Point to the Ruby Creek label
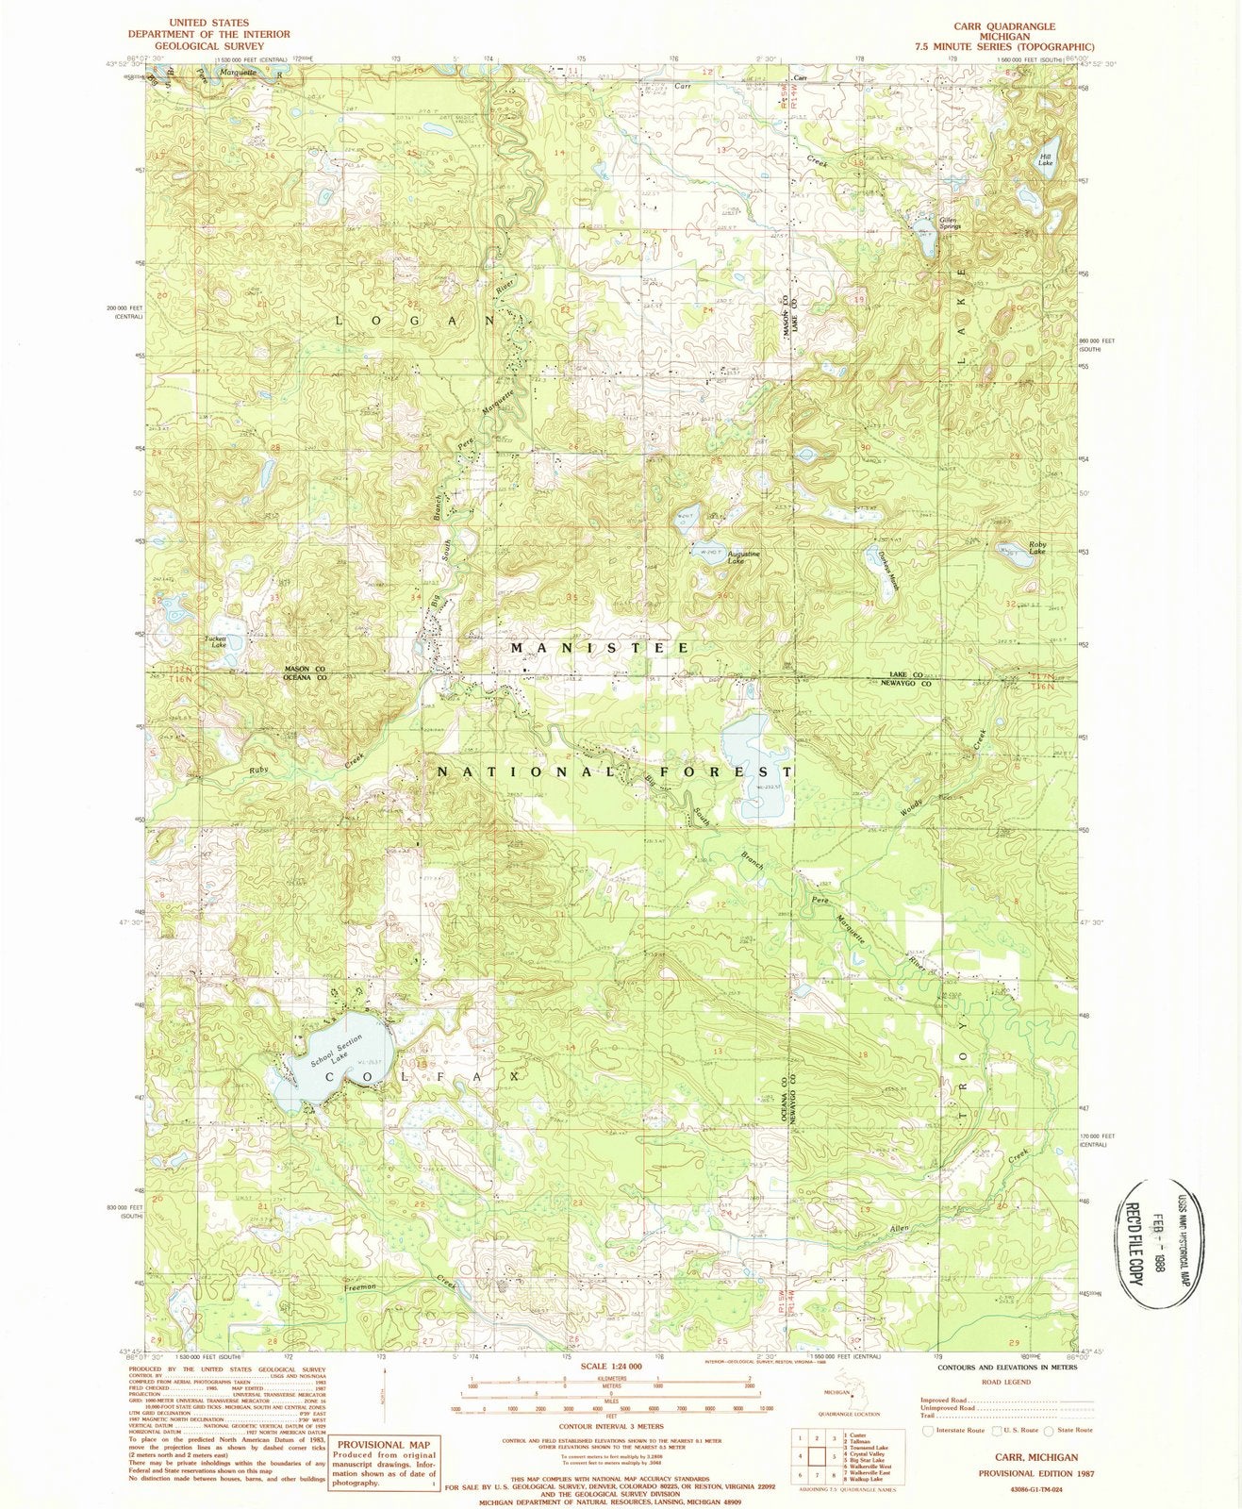coord(259,771)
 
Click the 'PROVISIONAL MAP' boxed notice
coord(385,1444)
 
